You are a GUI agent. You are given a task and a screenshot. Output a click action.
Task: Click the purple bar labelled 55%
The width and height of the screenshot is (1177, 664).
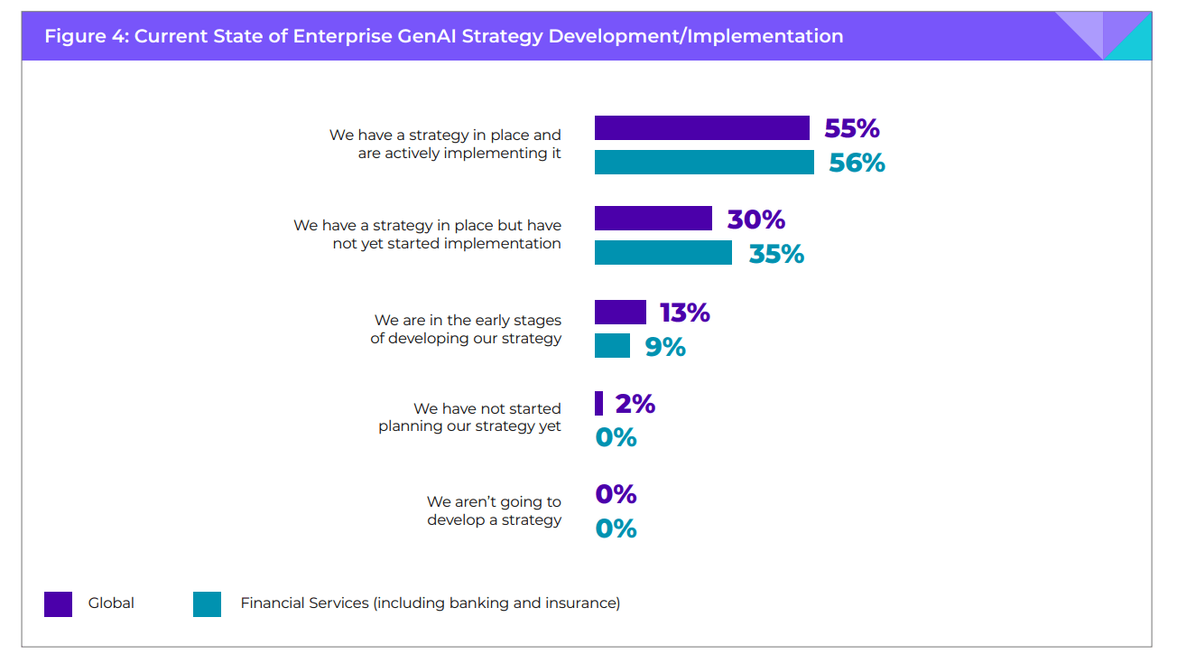coord(701,128)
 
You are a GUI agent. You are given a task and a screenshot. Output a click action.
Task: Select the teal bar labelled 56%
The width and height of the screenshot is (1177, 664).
coord(704,163)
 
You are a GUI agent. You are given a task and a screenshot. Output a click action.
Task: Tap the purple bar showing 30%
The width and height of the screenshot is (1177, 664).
coord(653,219)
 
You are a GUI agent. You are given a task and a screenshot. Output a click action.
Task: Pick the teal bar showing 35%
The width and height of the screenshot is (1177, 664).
coord(663,253)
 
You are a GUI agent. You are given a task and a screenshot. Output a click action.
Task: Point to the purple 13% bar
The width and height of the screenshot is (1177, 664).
coord(620,312)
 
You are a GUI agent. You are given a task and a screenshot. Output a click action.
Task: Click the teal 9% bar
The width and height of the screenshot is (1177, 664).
coord(612,346)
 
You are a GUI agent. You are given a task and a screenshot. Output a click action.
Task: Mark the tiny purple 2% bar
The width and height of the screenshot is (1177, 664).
coord(598,403)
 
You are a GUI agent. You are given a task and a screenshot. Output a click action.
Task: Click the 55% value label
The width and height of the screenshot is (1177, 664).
coord(851,128)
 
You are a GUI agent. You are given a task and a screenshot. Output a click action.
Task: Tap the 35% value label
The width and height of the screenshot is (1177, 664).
coord(776,254)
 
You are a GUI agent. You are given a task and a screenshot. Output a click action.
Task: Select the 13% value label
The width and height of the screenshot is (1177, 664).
coord(684,313)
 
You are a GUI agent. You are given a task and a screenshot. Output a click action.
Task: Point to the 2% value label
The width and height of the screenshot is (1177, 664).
coord(635,404)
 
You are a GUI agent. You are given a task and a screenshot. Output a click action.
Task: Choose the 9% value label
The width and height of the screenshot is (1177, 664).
coord(665,347)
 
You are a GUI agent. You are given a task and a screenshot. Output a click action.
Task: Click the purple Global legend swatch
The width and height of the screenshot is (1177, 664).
coord(58,603)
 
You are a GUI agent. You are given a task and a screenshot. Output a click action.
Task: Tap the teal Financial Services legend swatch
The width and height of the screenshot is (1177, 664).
coord(207,603)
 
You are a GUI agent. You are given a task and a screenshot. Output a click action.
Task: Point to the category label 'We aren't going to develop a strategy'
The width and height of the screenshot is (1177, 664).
coord(494,510)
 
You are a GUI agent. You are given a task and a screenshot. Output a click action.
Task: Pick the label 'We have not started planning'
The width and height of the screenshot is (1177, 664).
coord(469,417)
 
